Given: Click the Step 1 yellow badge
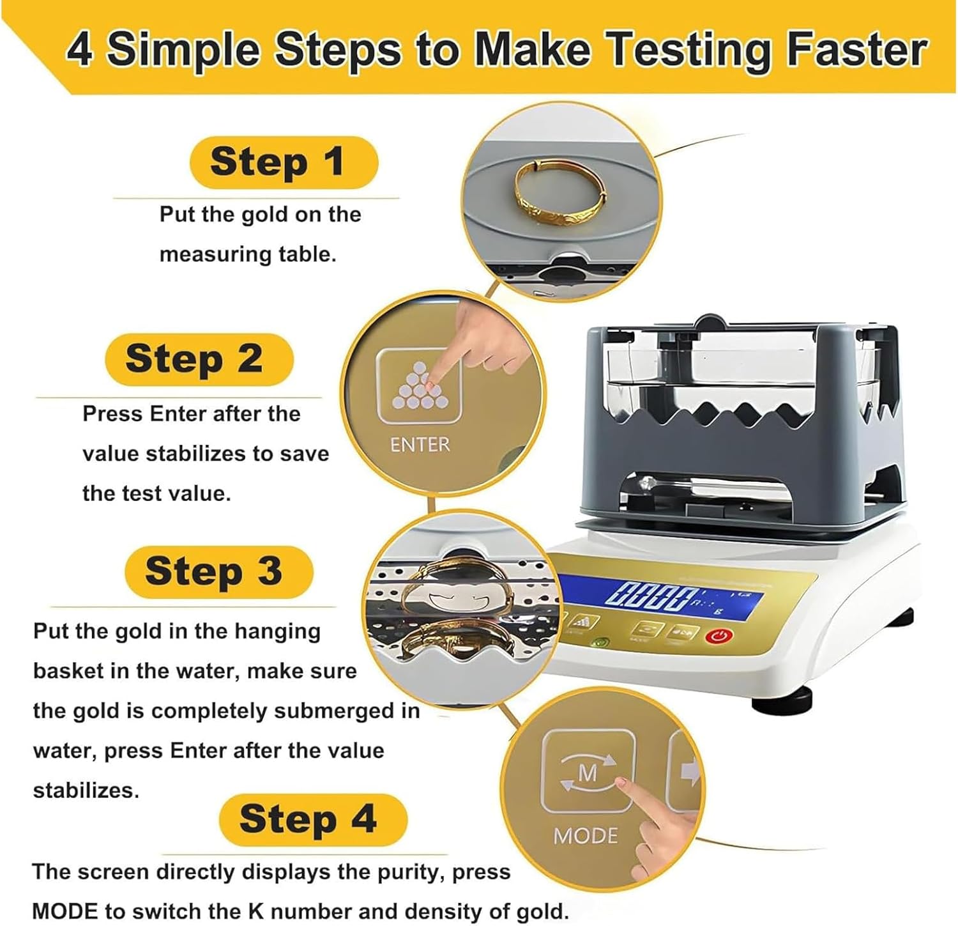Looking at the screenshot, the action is tap(284, 162).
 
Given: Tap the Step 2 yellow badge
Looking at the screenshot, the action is tap(199, 359).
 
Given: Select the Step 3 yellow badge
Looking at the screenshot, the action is tap(219, 571).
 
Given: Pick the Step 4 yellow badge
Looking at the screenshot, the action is tap(313, 819).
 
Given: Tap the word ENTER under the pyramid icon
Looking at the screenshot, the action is tap(420, 445).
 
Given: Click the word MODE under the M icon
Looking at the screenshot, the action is tap(586, 836).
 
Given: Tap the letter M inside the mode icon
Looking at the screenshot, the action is tap(588, 773).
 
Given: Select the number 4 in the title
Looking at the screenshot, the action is tap(79, 50).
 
